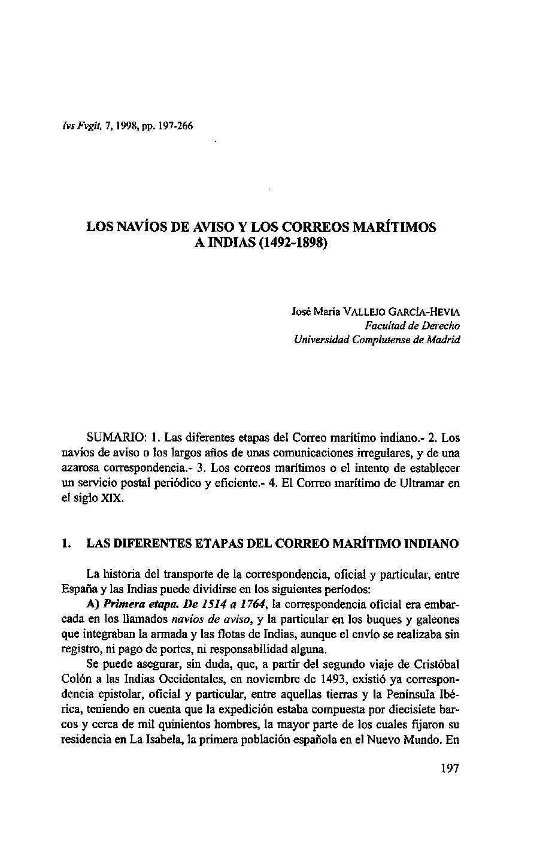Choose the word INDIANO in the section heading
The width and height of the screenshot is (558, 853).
tap(431, 544)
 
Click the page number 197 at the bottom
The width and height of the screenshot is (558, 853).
tap(448, 769)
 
